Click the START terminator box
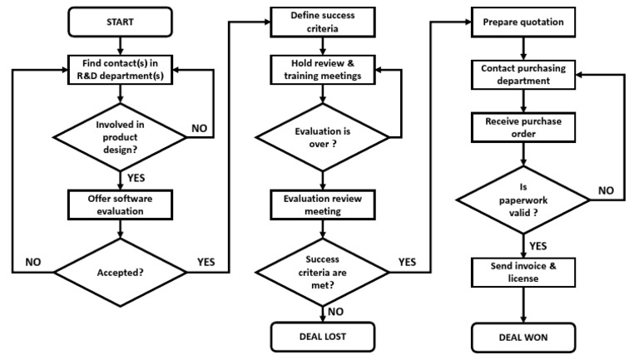tap(121, 22)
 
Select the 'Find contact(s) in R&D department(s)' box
tap(121, 69)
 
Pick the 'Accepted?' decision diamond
tap(121, 271)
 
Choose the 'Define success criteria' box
tap(321, 22)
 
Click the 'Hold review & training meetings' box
tap(321, 70)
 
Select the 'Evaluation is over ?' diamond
tap(321, 136)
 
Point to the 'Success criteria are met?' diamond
tap(321, 271)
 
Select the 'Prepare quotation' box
tap(523, 22)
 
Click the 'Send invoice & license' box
tap(523, 272)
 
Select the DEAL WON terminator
tap(523, 337)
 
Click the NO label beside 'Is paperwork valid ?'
tap(605, 190)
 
